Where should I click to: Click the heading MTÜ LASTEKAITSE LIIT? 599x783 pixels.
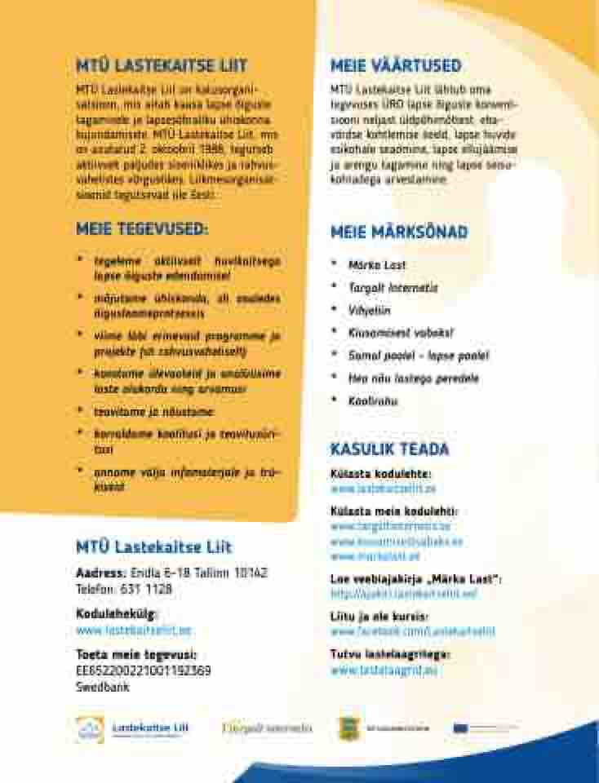(x=161, y=66)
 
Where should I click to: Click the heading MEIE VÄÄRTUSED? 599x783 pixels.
(x=396, y=66)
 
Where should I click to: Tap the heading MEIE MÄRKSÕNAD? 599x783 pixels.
(x=399, y=232)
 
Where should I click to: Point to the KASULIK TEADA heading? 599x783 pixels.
(x=389, y=449)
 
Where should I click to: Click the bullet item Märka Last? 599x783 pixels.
(x=376, y=265)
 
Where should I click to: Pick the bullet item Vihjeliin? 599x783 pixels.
(x=369, y=311)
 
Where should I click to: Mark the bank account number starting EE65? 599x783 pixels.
(x=143, y=670)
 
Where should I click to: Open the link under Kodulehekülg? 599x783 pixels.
(x=134, y=630)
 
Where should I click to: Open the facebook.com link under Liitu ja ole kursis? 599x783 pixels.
(x=412, y=631)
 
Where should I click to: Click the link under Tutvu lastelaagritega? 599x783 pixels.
(x=384, y=670)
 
